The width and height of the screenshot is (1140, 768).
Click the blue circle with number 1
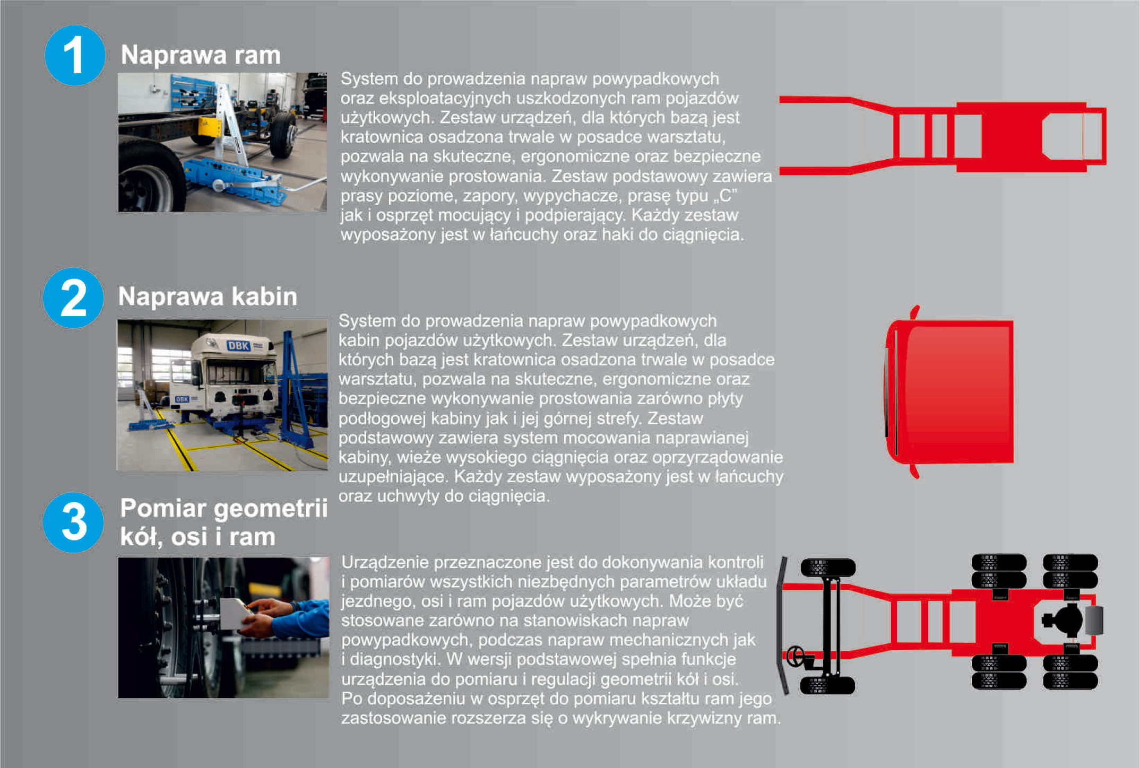pyautogui.click(x=75, y=55)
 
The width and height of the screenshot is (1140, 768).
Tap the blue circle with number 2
pyautogui.click(x=73, y=298)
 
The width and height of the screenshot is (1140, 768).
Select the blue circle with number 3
pyautogui.click(x=73, y=522)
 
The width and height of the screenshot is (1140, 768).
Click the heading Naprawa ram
pyautogui.click(x=201, y=55)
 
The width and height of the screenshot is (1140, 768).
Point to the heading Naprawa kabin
pyautogui.click(x=208, y=296)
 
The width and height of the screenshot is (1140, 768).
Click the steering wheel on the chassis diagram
pyautogui.click(x=795, y=656)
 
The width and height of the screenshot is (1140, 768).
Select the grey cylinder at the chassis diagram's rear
pyautogui.click(x=1094, y=621)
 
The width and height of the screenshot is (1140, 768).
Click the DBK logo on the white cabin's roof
pyautogui.click(x=239, y=346)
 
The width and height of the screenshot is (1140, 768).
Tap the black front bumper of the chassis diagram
pyautogui.click(x=782, y=626)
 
